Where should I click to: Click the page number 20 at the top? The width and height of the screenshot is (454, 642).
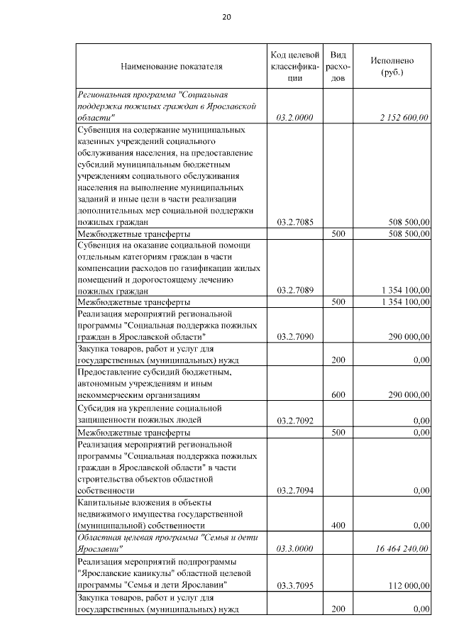pos(227,17)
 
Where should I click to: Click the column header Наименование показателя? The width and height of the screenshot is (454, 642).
pos(172,67)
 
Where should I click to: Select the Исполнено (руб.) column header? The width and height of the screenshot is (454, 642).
pos(392,67)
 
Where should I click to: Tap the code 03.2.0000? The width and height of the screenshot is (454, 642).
pos(297,118)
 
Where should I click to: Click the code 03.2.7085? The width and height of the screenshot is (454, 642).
pos(297,222)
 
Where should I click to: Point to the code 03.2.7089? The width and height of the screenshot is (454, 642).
pos(297,291)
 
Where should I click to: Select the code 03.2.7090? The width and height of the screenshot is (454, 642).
pos(297,337)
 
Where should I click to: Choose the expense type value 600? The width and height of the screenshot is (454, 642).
pos(338,394)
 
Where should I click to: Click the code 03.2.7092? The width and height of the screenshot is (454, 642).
pos(297,420)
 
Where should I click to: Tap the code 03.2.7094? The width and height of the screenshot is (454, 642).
pos(297,490)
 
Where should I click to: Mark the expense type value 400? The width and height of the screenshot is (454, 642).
pos(338,525)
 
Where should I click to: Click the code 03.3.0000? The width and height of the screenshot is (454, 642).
pos(297,548)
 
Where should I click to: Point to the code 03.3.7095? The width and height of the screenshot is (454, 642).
pos(297,585)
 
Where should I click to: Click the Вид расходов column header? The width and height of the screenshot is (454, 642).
pos(338,67)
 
